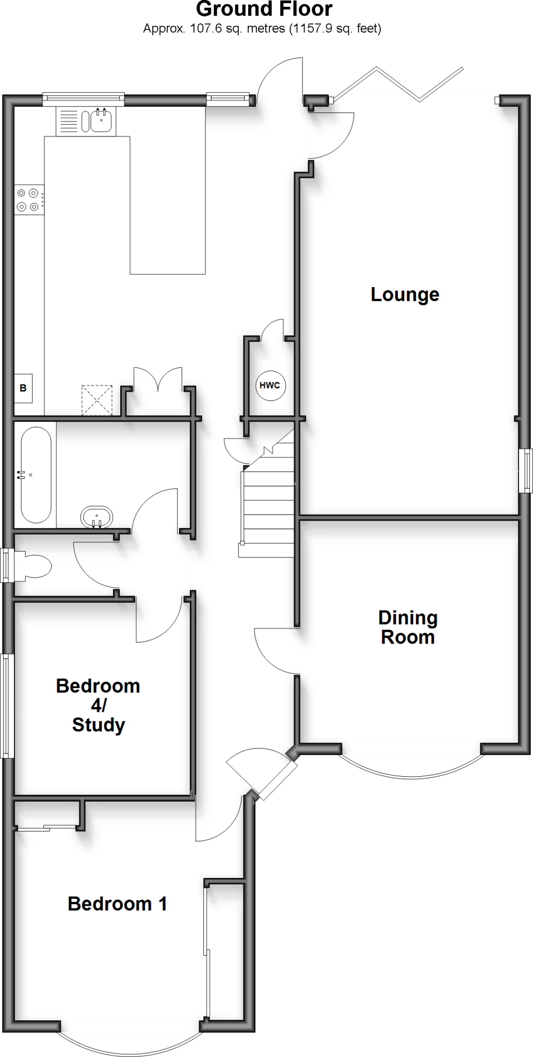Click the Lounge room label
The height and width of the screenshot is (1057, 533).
[405, 294]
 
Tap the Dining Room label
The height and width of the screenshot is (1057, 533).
[408, 627]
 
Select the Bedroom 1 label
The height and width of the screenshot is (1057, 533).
[117, 904]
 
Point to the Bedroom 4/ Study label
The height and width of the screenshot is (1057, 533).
[98, 705]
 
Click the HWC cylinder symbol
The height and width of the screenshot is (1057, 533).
[270, 385]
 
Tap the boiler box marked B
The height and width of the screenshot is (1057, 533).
[23, 388]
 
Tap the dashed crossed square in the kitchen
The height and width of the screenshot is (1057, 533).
[97, 400]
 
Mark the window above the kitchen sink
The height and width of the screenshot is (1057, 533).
[84, 99]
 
